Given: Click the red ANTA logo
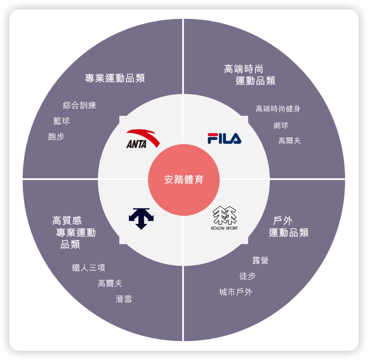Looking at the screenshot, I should tap(143, 139).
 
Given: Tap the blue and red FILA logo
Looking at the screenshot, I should tap(224, 139).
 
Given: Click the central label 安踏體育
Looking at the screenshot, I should tap(184, 179).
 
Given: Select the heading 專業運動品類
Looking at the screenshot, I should tap(115, 78).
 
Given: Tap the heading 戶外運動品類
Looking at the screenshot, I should tap(288, 226).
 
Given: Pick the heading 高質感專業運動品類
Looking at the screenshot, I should tap(74, 232).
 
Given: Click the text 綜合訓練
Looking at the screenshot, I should tap(79, 105).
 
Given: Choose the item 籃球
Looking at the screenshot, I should tap(61, 121).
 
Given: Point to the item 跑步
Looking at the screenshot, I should tap(56, 136).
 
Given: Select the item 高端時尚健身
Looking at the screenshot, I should tap(278, 109).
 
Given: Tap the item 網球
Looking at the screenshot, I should tap(281, 125).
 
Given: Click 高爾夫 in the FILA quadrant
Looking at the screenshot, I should tap(289, 141).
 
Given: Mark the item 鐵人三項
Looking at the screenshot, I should tap(88, 268).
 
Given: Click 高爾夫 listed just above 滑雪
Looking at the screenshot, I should tap(110, 284).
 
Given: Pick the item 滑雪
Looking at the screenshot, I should tap(124, 299).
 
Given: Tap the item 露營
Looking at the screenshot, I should tap(260, 261).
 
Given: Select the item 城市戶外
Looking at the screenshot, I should tap(236, 292).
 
